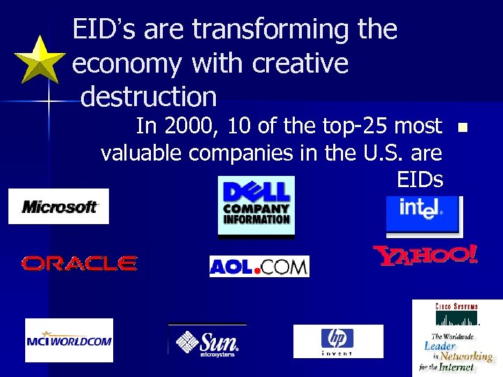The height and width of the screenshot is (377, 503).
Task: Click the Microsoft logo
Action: pos(59,207)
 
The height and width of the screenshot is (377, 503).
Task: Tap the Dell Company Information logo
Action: pos(256,207)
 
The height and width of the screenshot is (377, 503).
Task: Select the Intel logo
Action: pos(423,214)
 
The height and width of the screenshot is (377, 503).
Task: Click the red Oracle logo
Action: pos(79,263)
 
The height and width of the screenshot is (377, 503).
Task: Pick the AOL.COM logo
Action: pos(259,267)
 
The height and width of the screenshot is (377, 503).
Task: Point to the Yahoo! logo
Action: pos(425,256)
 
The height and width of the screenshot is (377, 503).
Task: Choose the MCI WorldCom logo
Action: pos(68,340)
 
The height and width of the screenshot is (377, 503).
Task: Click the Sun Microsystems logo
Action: pos(207,341)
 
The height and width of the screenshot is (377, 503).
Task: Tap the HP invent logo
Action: pos(337,341)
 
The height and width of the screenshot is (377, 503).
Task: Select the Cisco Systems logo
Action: pos(457,336)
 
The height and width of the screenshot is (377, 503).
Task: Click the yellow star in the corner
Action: pos(41,61)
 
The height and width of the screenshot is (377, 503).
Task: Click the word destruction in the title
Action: pos(149,95)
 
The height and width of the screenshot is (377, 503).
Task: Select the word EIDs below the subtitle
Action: pos(419,179)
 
